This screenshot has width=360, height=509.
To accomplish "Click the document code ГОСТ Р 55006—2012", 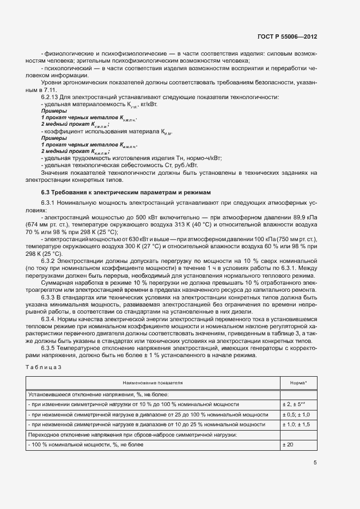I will (287, 36).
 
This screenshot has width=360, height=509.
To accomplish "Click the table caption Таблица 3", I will (44, 368).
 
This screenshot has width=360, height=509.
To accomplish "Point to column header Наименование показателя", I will (152, 383).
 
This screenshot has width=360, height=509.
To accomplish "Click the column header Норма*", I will (298, 383).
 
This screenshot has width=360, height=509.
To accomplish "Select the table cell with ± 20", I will (289, 445).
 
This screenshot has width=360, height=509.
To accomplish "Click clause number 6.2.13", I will (51, 97).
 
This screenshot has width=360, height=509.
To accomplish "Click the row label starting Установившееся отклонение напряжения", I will (98, 394).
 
